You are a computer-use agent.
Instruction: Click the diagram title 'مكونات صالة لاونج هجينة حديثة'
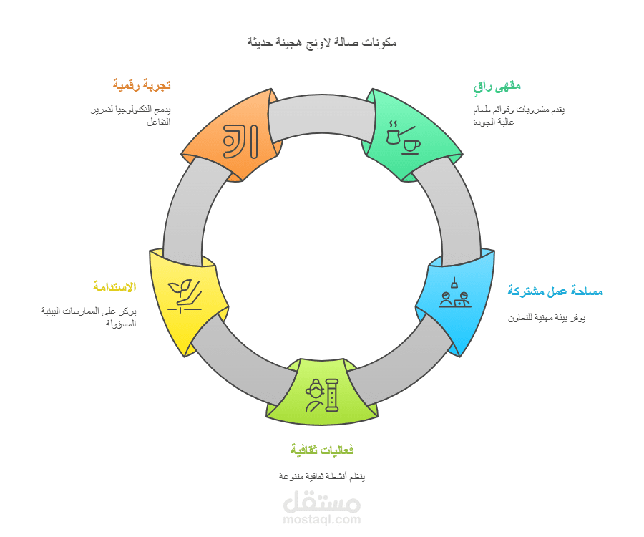[x=322, y=42]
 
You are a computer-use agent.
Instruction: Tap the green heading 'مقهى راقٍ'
[x=497, y=87]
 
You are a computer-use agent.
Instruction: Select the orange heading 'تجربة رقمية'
[x=142, y=85]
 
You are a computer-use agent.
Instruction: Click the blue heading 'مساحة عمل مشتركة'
[x=555, y=291]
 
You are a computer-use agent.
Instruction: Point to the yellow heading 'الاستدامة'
[x=114, y=286]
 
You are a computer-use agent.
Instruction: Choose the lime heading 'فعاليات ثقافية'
[x=322, y=450]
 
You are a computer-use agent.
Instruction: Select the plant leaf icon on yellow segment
[x=185, y=296]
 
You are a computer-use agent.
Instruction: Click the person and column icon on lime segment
[x=322, y=395]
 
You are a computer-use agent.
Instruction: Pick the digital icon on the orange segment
[x=240, y=141]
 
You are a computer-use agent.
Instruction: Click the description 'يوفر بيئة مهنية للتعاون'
[x=547, y=318]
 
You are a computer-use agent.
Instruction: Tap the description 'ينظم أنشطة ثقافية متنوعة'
[x=322, y=476]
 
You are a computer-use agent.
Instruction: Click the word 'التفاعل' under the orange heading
[x=159, y=122]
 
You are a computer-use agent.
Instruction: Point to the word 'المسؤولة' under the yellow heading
[x=121, y=324]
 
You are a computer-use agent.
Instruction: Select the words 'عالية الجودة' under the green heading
[x=494, y=122]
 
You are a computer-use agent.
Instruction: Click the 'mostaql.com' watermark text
[x=322, y=519]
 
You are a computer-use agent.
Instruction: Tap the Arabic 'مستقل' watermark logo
[x=322, y=502]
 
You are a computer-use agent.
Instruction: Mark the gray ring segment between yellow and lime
[x=240, y=357]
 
